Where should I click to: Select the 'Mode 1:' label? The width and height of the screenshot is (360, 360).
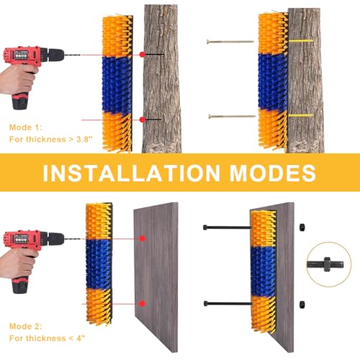point(25,126)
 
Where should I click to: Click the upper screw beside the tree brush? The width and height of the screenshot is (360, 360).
point(230,41)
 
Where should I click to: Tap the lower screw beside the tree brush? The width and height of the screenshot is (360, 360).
point(230,116)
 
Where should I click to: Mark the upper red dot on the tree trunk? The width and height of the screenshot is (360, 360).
point(143,54)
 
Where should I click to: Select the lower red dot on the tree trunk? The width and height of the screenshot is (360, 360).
point(143,119)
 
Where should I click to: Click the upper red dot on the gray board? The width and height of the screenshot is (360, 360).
point(143,238)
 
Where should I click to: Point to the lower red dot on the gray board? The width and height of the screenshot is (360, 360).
point(143,303)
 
